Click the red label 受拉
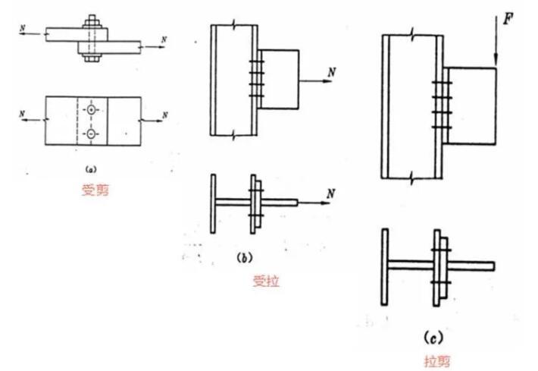pyautogui.click(x=266, y=281)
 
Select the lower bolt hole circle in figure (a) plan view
pyautogui.click(x=92, y=135)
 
